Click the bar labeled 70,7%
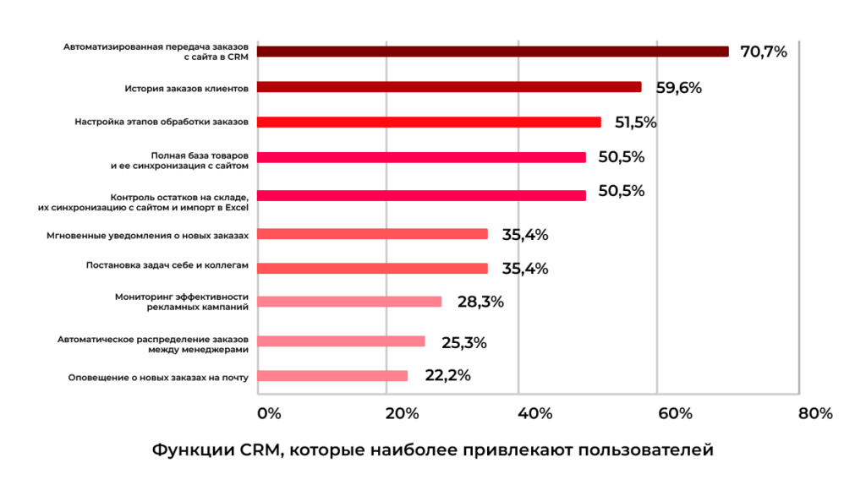tap(492, 52)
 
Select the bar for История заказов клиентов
tap(448, 87)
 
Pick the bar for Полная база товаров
tap(420, 157)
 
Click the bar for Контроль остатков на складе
tap(420, 195)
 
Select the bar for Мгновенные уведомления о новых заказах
tap(371, 234)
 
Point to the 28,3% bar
tap(348, 302)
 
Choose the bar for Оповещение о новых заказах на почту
tap(332, 376)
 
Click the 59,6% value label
tap(678, 87)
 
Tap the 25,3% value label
tap(463, 342)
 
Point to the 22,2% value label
tap(447, 376)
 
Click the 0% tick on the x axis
tap(268, 414)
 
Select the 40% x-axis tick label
tap(534, 414)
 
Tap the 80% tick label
tap(814, 414)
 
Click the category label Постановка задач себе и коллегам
tap(167, 265)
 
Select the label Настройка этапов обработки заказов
tap(162, 122)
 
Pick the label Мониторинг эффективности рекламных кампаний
tap(181, 302)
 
